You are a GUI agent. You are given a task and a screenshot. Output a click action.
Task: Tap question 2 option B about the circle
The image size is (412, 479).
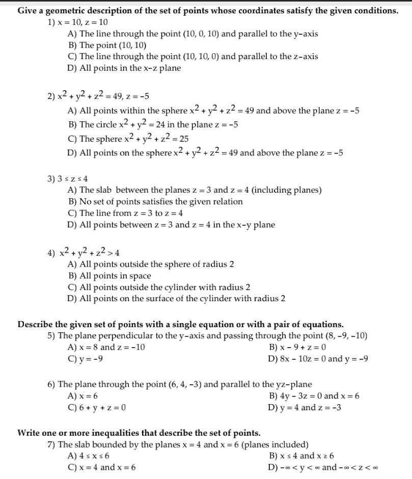tap(153, 124)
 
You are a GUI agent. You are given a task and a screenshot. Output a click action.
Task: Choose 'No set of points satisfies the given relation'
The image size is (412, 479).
tap(155, 201)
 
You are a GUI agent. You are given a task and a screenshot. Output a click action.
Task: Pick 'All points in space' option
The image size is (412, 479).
tap(109, 276)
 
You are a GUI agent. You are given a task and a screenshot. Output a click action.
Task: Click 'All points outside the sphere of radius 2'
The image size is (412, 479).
tap(151, 264)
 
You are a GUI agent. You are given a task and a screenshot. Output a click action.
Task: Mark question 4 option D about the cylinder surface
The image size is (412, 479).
tap(176, 298)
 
